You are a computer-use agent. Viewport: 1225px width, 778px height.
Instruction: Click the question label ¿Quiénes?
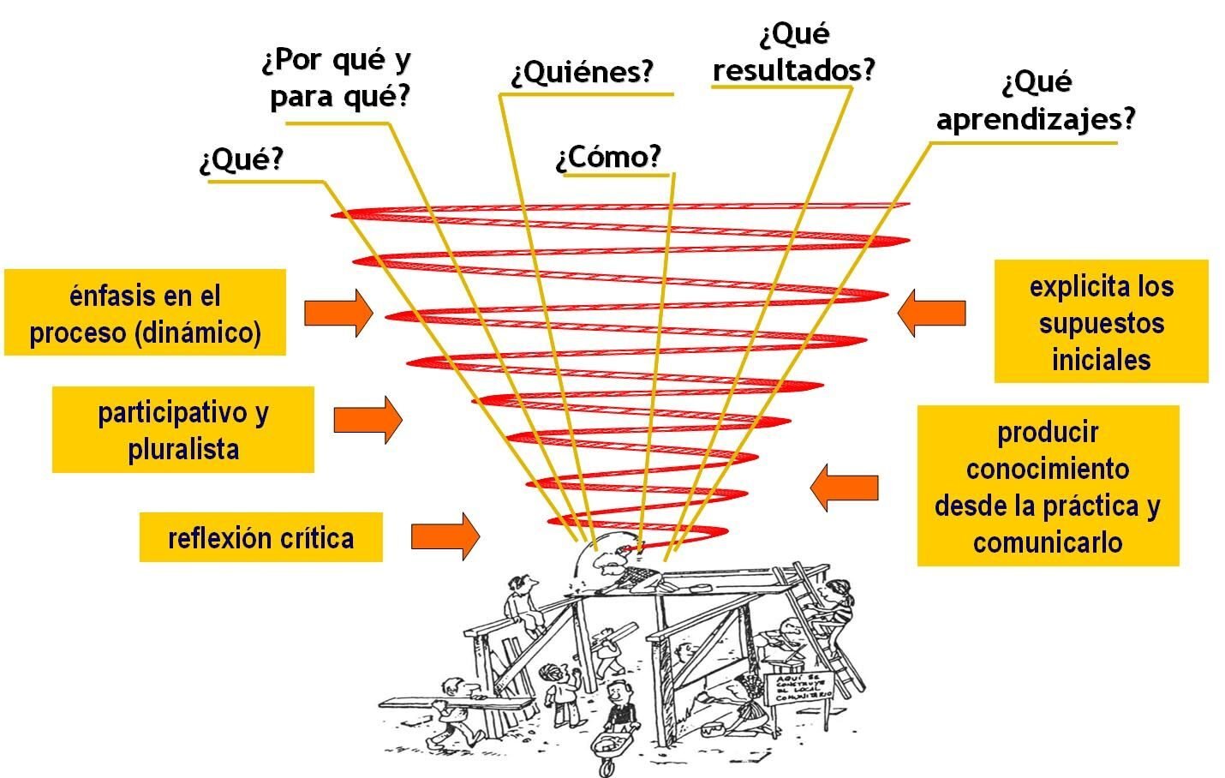[x=583, y=73]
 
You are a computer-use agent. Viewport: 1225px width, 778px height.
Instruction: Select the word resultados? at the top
[x=793, y=69]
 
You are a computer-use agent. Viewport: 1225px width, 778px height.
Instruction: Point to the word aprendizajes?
[x=1035, y=118]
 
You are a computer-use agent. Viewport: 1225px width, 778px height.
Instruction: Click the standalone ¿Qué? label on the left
[x=241, y=160]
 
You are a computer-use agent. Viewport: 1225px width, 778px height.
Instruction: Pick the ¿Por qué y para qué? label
[x=338, y=79]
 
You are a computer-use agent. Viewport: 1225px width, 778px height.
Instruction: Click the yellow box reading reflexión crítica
[x=260, y=538]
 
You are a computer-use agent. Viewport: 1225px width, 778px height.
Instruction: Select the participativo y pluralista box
[x=182, y=430]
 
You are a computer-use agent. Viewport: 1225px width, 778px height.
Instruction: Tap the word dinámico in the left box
[x=198, y=332]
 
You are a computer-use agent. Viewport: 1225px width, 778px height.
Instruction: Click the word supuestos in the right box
[x=1101, y=323]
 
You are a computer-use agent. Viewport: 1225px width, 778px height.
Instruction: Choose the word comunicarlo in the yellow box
[x=1047, y=542]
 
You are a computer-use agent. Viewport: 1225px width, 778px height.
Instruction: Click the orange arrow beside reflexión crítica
[x=445, y=536]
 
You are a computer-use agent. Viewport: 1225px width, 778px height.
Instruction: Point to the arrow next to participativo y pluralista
[x=367, y=420]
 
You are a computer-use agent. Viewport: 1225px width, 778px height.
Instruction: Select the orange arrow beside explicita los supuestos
[x=931, y=313]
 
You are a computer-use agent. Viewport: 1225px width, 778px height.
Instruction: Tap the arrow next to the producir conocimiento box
[x=844, y=488]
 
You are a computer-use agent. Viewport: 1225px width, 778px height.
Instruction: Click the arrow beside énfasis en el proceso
[x=338, y=313]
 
